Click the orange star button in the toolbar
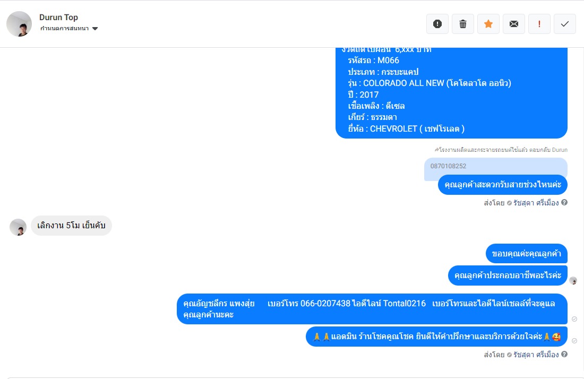click(488, 24)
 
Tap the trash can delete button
click(463, 24)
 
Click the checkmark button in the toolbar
click(565, 24)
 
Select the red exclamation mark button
click(539, 24)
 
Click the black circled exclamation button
click(437, 24)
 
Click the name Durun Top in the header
click(58, 18)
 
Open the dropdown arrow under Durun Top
click(95, 29)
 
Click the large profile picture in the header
click(19, 24)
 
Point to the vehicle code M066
click(388, 61)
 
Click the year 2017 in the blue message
click(369, 94)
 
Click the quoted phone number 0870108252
click(448, 166)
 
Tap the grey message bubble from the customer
click(71, 226)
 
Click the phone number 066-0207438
click(325, 304)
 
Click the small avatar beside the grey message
click(18, 227)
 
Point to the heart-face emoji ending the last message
click(556, 337)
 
